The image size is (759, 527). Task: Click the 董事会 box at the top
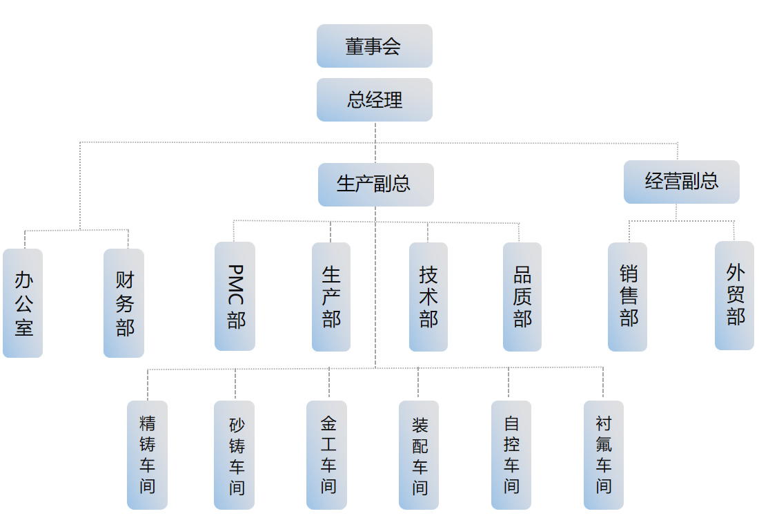click(374, 46)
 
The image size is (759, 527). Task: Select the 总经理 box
click(374, 99)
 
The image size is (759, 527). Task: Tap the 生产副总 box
click(375, 184)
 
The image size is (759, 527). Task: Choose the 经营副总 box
click(681, 182)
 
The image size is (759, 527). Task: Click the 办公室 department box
click(23, 303)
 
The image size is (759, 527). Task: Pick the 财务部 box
click(124, 303)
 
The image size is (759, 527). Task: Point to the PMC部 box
click(235, 296)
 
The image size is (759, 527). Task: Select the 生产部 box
click(331, 296)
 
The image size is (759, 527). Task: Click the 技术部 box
click(428, 296)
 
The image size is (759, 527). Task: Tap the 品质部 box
click(522, 296)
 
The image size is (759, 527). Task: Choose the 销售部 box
click(627, 296)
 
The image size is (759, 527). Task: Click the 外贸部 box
click(734, 295)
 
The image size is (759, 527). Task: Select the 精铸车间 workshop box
click(147, 454)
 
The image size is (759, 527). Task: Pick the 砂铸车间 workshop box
click(235, 454)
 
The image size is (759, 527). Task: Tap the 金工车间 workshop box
click(327, 454)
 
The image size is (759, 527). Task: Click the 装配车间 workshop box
click(419, 454)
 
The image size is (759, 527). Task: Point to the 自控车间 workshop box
click(511, 454)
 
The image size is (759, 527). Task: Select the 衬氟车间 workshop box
click(604, 454)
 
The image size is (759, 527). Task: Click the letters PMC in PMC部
click(235, 285)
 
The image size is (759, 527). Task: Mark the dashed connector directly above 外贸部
click(734, 231)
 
